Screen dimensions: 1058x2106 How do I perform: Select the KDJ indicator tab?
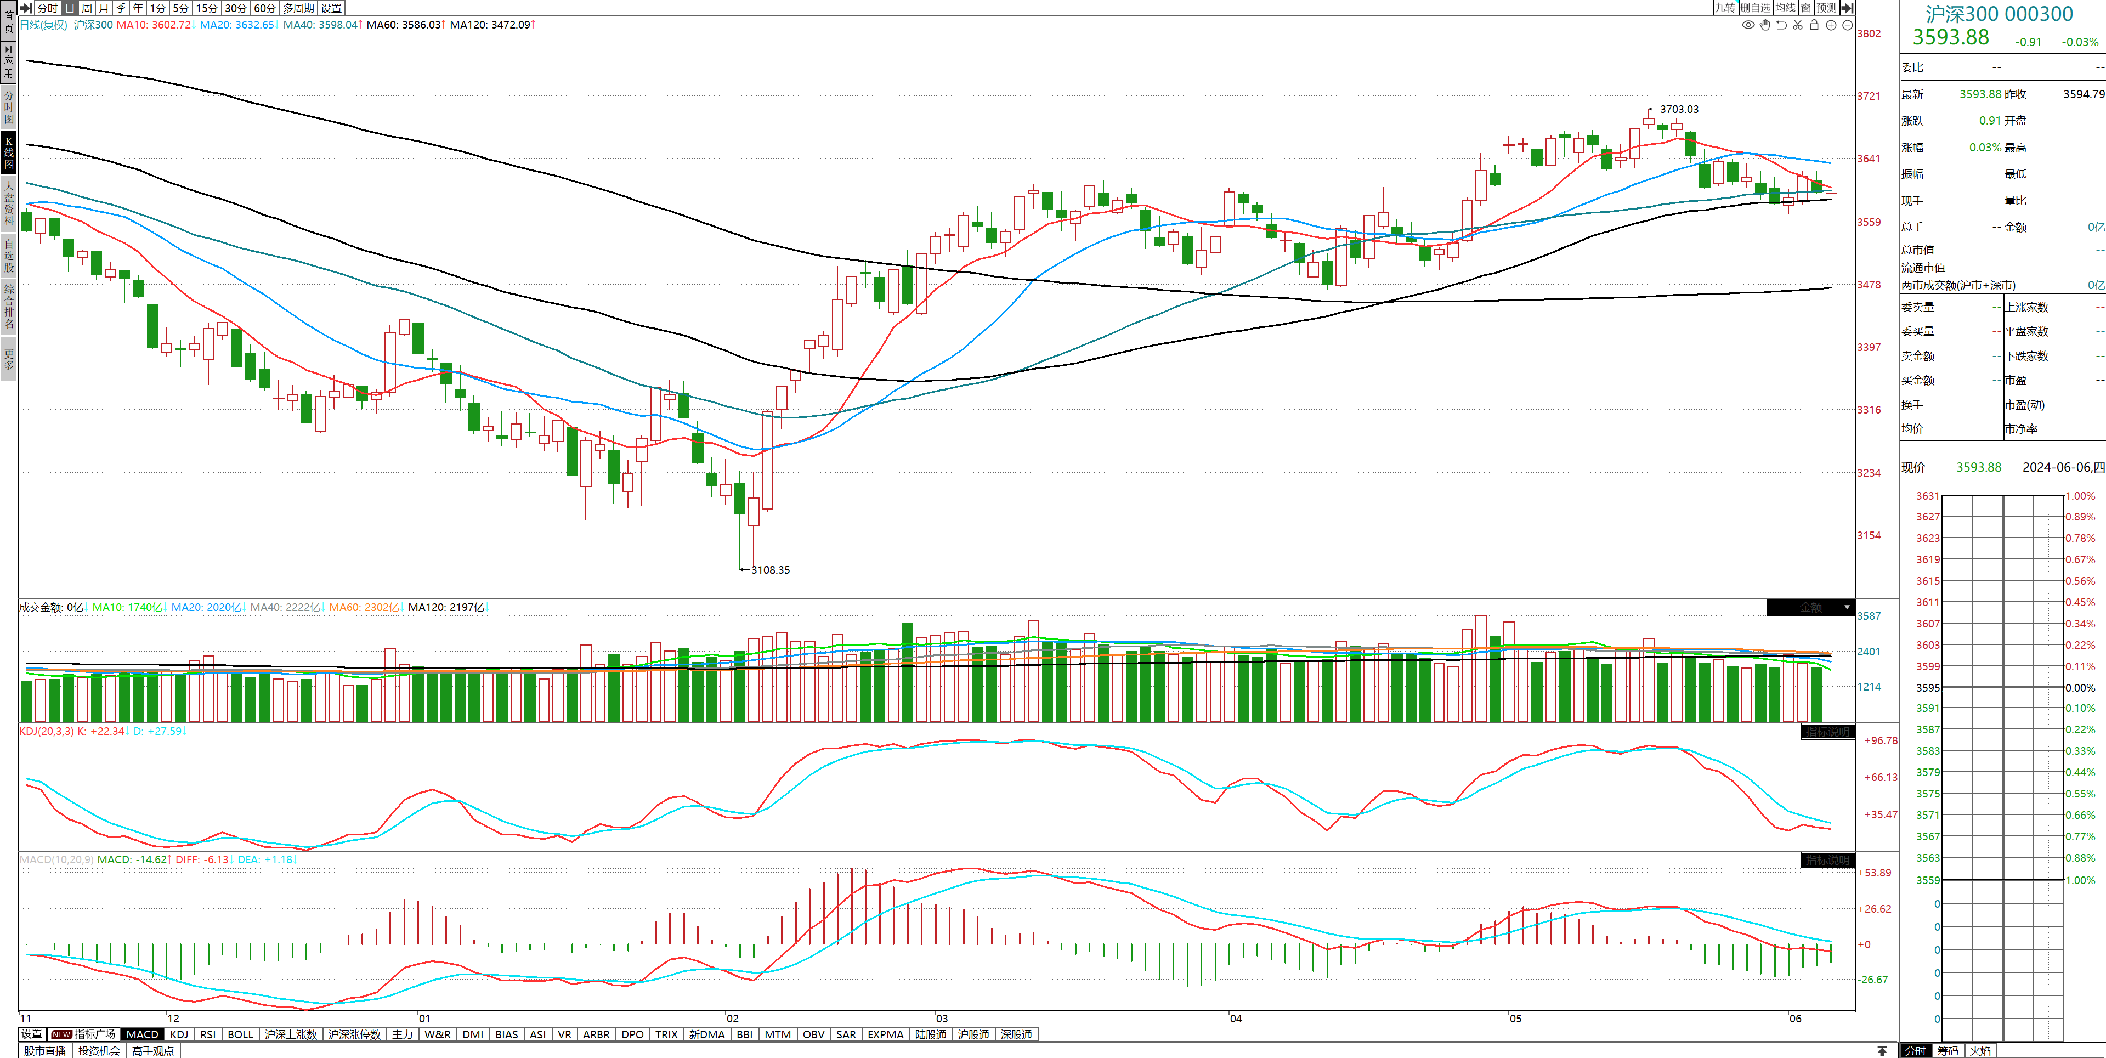[x=179, y=1034]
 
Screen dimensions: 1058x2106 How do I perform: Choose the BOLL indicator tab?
[x=240, y=1034]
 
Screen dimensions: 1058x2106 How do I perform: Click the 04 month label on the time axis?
[x=1235, y=1019]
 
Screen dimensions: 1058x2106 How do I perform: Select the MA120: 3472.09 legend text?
[x=490, y=25]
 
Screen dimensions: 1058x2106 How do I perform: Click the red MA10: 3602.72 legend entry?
[x=153, y=25]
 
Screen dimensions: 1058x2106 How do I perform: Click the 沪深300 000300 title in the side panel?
[x=1999, y=14]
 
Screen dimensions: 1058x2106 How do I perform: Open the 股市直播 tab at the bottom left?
[x=45, y=1051]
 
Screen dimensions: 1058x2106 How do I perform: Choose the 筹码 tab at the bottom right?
[x=1948, y=1051]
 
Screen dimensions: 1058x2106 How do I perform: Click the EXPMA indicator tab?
[x=885, y=1034]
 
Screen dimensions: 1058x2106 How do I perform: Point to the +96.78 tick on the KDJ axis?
[x=1881, y=741]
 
